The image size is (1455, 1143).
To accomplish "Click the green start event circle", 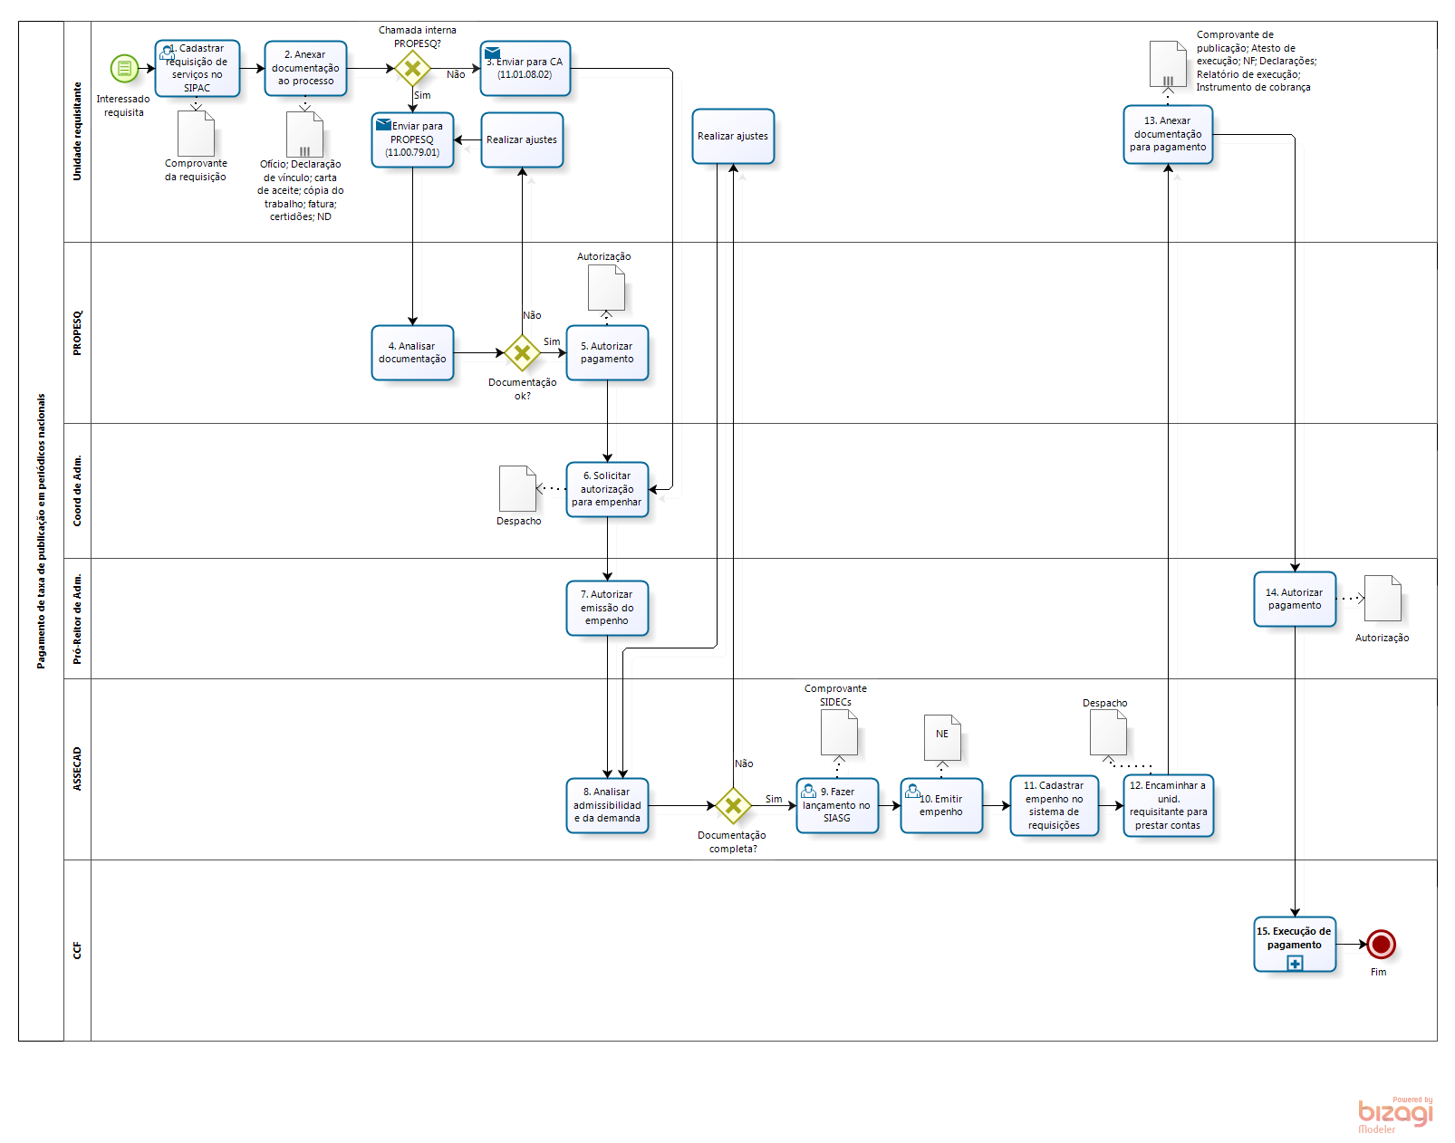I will [124, 68].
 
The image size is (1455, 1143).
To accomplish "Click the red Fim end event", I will [1381, 945].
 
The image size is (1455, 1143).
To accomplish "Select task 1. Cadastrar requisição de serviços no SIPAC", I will [198, 69].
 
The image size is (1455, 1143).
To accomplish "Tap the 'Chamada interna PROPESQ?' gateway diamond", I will [412, 68].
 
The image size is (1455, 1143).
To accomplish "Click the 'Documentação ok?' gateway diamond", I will [522, 353].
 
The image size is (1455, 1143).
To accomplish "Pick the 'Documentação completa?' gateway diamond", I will [733, 805].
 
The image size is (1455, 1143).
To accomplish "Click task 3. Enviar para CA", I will [525, 69].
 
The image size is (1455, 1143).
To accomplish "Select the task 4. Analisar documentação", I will [412, 353].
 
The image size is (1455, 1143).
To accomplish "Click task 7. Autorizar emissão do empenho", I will [607, 608].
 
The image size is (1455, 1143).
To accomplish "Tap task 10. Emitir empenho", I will [941, 805].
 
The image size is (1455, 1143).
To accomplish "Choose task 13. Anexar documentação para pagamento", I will [1168, 135].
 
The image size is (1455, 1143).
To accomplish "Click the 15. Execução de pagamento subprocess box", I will [1295, 939].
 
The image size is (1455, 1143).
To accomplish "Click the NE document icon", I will [942, 737].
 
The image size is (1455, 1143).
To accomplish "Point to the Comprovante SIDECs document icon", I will [839, 732].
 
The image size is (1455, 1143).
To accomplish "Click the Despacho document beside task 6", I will [518, 488].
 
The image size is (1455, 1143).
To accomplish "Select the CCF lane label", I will [77, 950].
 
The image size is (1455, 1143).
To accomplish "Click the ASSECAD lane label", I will [77, 769].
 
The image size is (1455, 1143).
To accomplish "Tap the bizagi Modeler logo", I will [1395, 1114].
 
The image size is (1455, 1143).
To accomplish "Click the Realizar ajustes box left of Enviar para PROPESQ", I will [522, 140].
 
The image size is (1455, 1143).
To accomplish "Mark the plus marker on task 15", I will [1295, 964].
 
